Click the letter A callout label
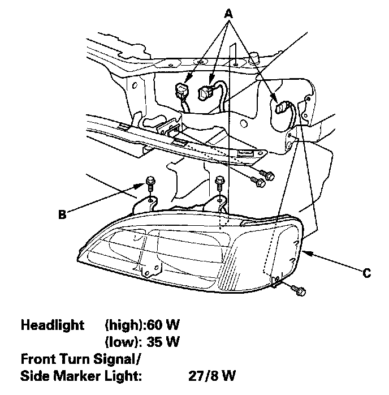pyautogui.click(x=229, y=12)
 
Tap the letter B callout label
pyautogui.click(x=63, y=214)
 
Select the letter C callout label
pyautogui.click(x=367, y=273)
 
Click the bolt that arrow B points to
pyautogui.click(x=149, y=183)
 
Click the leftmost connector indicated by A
pyautogui.click(x=182, y=89)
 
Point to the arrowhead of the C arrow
pyautogui.click(x=305, y=252)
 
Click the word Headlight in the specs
pyautogui.click(x=52, y=325)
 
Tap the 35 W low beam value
pyautogui.click(x=163, y=342)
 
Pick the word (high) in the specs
pyautogui.click(x=124, y=325)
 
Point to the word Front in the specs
pyautogui.click(x=37, y=359)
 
